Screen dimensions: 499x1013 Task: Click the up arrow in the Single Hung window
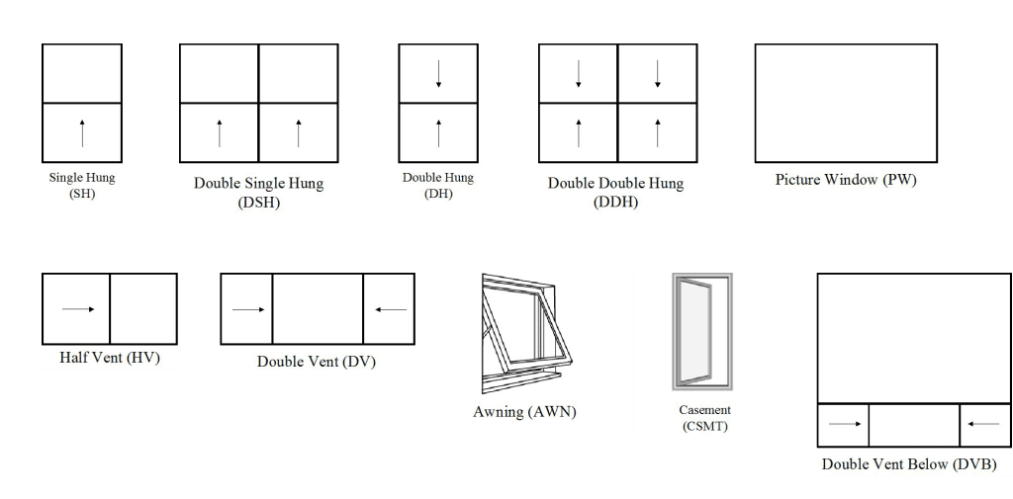[82, 132]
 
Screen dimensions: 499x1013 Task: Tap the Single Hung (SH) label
[82, 186]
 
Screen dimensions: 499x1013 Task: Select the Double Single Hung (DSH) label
[258, 193]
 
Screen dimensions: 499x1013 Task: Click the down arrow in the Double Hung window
[438, 74]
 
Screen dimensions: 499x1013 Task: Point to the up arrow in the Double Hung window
[438, 132]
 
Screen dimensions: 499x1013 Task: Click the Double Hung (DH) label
[438, 186]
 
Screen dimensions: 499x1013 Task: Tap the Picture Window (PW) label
[846, 180]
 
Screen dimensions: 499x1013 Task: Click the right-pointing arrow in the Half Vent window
[77, 309]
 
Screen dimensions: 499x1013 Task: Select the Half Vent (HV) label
[109, 357]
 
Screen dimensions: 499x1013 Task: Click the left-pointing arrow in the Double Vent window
[390, 309]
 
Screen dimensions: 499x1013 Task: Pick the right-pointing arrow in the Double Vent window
[247, 309]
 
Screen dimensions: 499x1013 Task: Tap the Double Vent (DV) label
[317, 361]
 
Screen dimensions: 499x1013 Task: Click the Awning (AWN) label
[524, 411]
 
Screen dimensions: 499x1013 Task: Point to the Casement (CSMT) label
[704, 418]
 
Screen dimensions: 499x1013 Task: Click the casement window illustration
[701, 331]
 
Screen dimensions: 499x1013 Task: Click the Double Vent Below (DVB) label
[908, 463]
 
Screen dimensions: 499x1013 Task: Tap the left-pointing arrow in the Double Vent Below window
[983, 425]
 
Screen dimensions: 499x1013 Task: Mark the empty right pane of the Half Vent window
[143, 309]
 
